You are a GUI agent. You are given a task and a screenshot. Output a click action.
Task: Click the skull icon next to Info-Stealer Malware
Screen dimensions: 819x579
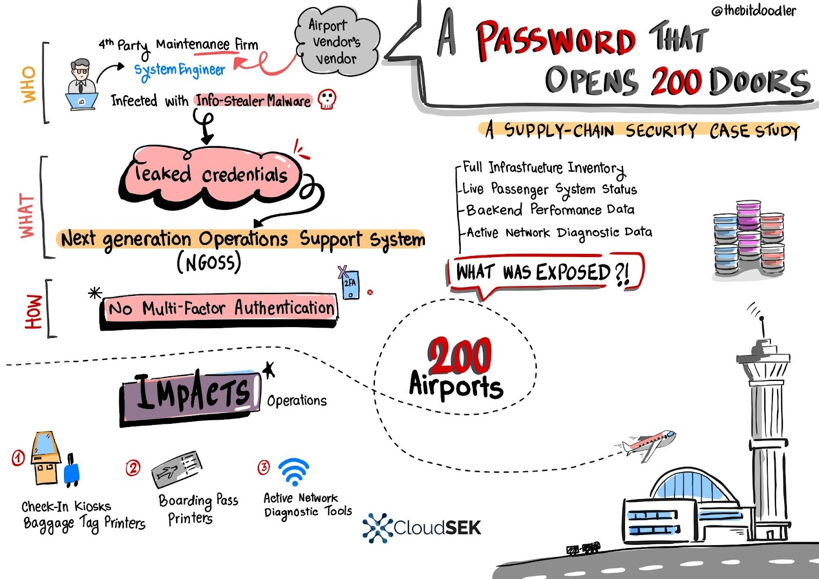click(x=327, y=99)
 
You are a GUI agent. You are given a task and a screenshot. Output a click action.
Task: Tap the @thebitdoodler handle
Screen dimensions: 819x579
click(x=753, y=10)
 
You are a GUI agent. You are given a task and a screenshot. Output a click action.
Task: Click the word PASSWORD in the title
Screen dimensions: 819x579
click(x=555, y=39)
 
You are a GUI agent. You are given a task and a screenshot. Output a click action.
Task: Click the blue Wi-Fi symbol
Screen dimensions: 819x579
click(x=294, y=471)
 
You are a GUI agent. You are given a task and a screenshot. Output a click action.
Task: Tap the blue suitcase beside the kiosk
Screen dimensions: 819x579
click(x=72, y=469)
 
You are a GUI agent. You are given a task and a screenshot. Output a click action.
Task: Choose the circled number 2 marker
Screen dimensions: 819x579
click(x=133, y=467)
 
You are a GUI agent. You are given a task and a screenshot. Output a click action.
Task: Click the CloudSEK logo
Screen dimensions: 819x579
click(x=422, y=527)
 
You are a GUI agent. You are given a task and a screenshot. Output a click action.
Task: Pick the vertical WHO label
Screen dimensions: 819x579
click(x=29, y=84)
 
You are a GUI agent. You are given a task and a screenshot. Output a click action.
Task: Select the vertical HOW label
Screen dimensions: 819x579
click(x=34, y=311)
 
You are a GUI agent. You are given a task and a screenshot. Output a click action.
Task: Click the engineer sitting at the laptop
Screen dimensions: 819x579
click(x=81, y=84)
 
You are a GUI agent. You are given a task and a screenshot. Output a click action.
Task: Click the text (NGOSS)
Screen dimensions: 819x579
click(x=208, y=263)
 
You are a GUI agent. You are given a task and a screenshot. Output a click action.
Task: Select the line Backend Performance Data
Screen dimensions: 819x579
click(x=550, y=210)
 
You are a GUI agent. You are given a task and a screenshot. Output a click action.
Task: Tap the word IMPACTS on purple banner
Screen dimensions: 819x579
click(x=191, y=394)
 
